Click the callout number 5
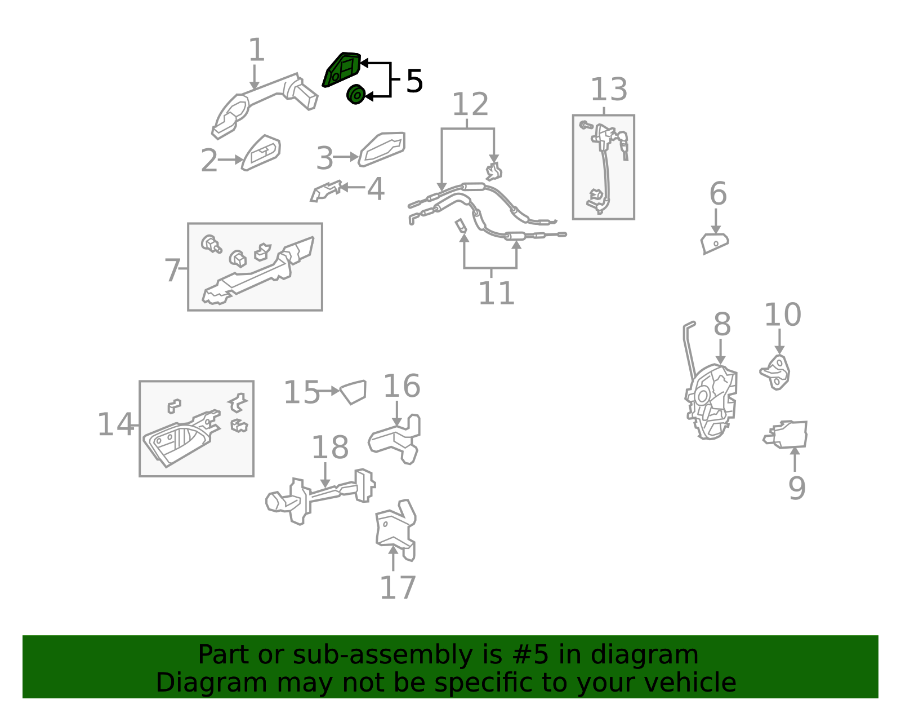(x=414, y=81)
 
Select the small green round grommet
(x=356, y=95)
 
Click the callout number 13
(x=608, y=89)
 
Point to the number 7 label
(x=172, y=270)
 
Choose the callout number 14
(x=115, y=424)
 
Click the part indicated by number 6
(x=714, y=243)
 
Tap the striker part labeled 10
(x=775, y=372)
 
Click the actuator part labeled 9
(x=786, y=435)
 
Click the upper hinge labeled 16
(x=395, y=439)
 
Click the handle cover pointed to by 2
(x=261, y=153)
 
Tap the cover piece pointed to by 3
(x=381, y=149)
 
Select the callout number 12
(x=470, y=104)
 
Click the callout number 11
(x=496, y=293)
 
